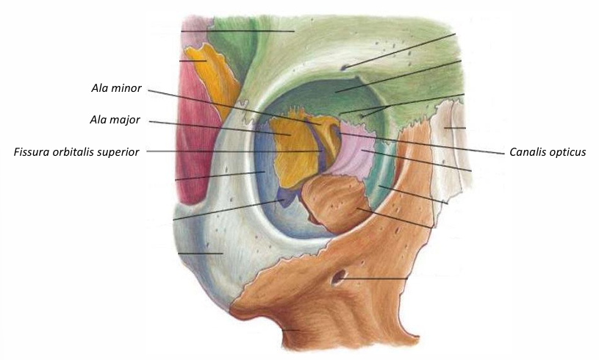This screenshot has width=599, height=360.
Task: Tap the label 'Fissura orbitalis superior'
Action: pos(76,152)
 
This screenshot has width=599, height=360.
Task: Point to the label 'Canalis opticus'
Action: pos(547,153)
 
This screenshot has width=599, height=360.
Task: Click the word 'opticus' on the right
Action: pos(565,153)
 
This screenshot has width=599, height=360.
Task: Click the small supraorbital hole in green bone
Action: pos(345,68)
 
